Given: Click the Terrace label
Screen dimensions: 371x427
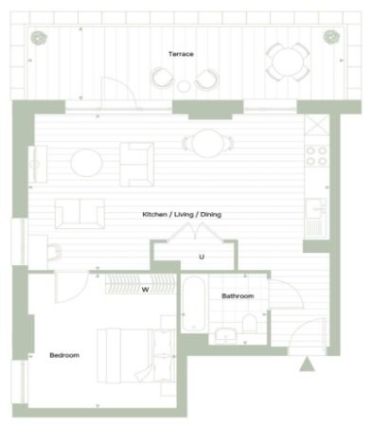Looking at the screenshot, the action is pos(181,54).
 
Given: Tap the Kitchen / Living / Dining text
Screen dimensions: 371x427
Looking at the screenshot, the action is pos(182,215).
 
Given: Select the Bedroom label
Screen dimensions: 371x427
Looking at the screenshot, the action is pos(64,355).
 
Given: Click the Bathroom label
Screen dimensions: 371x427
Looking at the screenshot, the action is pos(238,296).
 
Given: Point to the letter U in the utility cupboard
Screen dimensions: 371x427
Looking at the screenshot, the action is pos(202,257).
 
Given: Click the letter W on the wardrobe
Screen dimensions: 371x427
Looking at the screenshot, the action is pos(145,290).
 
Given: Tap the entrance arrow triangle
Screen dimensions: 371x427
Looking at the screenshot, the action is pos(307,364).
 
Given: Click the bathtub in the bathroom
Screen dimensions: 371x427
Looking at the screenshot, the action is pos(194,304).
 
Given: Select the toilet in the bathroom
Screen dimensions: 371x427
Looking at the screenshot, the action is pos(250,323).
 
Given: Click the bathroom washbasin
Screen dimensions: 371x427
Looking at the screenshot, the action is pos(225,335).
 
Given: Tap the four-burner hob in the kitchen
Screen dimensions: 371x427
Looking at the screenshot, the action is pos(316,156).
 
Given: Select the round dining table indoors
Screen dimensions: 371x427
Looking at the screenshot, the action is pos(208,144).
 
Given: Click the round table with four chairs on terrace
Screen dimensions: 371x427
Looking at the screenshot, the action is pos(288,62).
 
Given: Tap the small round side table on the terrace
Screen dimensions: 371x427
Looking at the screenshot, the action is pos(184,86).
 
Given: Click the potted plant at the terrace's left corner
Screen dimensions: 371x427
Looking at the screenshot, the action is pos(39,38).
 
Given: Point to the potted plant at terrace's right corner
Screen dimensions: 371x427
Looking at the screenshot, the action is pos(331,37).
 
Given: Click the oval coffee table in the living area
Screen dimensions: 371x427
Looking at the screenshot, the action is pos(86,163).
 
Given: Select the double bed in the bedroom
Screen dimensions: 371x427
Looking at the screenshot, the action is pos(136,356).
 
